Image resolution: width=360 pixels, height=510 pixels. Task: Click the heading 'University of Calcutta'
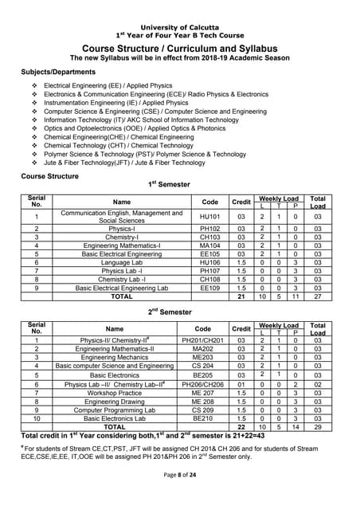click(x=179, y=28)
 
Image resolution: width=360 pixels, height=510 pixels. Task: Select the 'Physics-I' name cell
click(x=122, y=228)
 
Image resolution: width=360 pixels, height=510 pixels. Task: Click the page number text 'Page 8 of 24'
click(x=179, y=497)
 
